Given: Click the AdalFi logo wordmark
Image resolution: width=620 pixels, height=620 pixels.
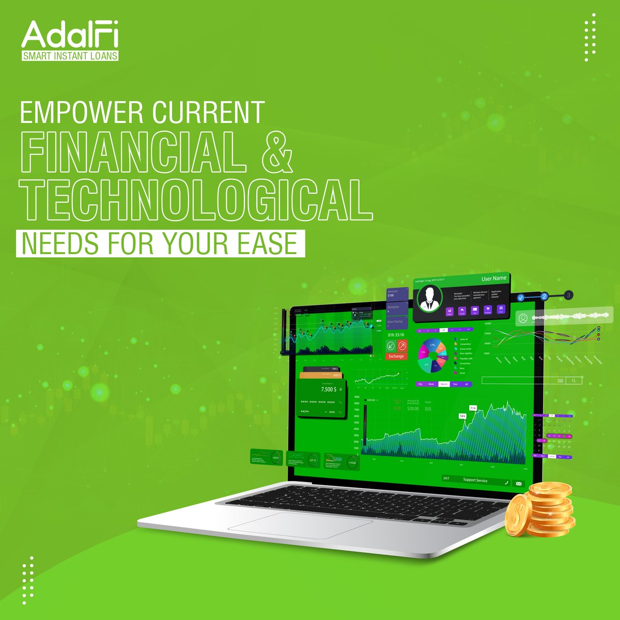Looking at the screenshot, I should (70, 35).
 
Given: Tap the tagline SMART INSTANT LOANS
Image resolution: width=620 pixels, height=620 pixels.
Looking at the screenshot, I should (70, 56).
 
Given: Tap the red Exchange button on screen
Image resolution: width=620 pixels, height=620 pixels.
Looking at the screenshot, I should (396, 357).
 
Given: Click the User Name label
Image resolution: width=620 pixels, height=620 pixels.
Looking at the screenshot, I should (494, 278).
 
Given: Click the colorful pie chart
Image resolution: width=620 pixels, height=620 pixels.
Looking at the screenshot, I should (432, 355).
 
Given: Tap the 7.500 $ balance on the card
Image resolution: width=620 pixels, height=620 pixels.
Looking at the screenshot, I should (328, 389).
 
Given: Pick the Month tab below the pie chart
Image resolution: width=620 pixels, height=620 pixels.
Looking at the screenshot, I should (443, 384).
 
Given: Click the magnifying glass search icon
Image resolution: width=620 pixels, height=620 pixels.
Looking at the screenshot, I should (573, 380).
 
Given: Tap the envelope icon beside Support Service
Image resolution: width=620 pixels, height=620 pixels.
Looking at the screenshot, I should (518, 484).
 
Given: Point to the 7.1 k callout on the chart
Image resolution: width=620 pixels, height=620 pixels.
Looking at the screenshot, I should (473, 408).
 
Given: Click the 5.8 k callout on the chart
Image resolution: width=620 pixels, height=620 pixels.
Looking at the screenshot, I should (462, 415).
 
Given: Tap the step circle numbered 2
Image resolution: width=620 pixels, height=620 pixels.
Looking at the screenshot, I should (544, 297).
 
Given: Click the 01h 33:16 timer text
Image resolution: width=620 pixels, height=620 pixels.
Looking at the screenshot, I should (396, 335).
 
